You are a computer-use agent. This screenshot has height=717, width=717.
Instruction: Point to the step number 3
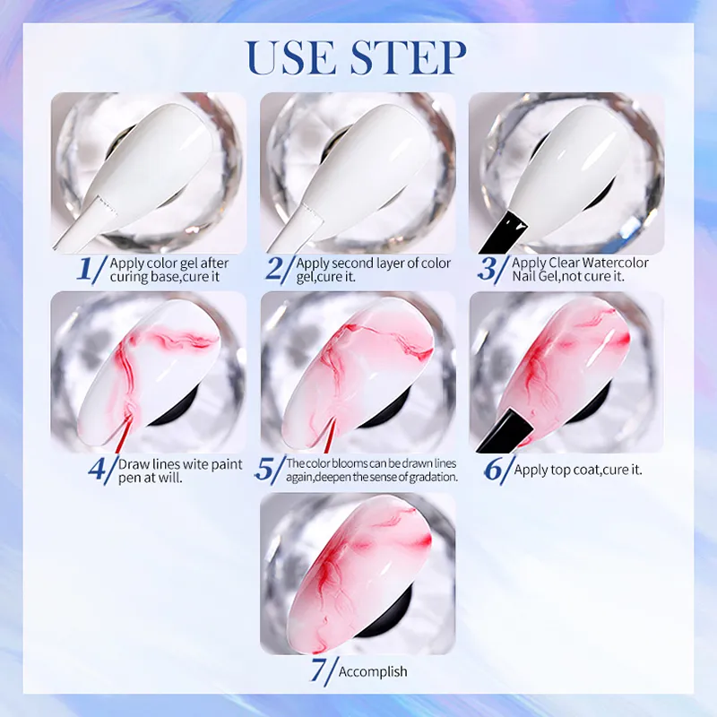click(x=490, y=268)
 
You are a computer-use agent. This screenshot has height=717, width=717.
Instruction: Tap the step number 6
click(x=495, y=469)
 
